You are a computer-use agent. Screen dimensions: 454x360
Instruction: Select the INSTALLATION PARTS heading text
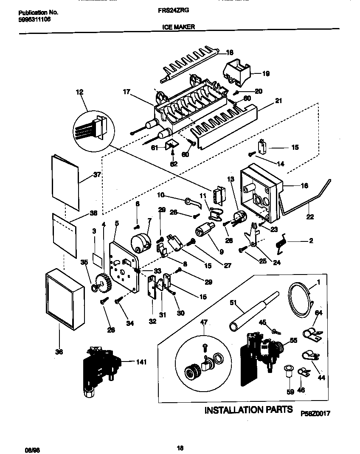click(248, 410)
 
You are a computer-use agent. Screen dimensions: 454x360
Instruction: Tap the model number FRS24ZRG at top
click(177, 13)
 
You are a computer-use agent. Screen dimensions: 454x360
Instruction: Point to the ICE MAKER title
click(179, 26)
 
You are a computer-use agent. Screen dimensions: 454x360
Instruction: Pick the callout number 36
click(59, 352)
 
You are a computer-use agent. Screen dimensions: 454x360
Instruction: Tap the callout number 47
click(204, 322)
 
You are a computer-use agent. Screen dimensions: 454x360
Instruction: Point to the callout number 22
click(310, 217)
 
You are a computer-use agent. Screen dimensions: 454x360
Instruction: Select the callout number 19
click(265, 73)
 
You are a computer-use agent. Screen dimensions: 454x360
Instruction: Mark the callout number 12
click(79, 92)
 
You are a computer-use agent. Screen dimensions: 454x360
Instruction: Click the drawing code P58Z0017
click(315, 413)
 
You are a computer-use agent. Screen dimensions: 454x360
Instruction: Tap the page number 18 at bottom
click(180, 446)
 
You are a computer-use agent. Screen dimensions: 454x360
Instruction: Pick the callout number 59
click(290, 392)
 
